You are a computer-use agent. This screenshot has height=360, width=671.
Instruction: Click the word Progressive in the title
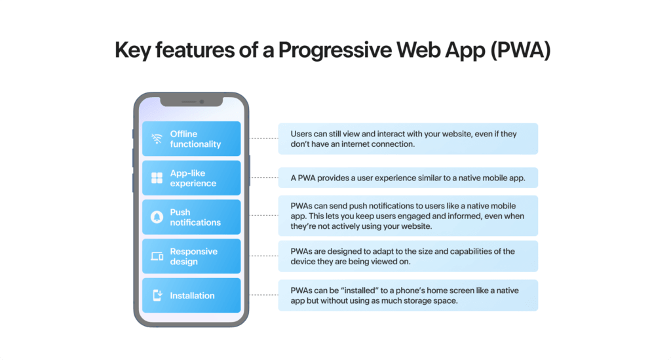[335, 50]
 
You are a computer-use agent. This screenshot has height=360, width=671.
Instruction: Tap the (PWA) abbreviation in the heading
[520, 50]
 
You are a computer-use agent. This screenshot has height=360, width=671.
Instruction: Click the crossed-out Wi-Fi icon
[157, 139]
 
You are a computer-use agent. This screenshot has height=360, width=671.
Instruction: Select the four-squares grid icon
[157, 178]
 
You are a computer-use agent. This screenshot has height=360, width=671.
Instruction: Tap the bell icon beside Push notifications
[157, 217]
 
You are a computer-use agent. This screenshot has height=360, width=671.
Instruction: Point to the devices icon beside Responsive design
[157, 256]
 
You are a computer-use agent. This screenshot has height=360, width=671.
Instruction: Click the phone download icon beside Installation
[157, 295]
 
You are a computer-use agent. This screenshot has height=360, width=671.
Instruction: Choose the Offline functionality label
[195, 139]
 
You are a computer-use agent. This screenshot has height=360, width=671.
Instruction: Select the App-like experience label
[193, 178]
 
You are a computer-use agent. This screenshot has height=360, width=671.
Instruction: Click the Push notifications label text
[195, 218]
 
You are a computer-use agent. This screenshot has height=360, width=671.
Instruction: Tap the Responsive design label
[193, 256]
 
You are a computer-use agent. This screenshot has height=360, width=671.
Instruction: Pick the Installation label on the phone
[192, 295]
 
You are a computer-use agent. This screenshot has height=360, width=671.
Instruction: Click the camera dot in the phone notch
[202, 102]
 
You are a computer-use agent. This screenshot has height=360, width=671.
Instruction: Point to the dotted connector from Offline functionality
[263, 138]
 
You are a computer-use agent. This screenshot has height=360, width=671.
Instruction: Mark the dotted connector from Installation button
[263, 295]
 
